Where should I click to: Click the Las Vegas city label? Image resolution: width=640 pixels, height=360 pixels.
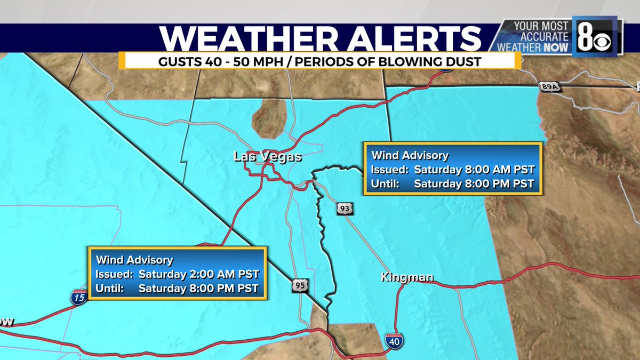(x=267, y=157)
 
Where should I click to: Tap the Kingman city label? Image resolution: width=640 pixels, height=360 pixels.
(x=407, y=277)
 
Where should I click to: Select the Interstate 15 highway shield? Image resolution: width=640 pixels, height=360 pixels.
(x=79, y=297)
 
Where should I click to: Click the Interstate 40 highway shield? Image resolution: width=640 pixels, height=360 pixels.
(x=394, y=341)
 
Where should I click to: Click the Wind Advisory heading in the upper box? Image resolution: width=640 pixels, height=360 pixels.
(x=410, y=156)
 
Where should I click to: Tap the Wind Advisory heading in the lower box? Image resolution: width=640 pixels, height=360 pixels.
(x=134, y=260)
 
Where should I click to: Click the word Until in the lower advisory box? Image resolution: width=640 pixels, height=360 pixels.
(x=109, y=289)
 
